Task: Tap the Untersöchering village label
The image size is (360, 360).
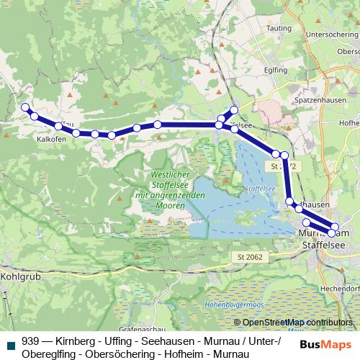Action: [x=332, y=33]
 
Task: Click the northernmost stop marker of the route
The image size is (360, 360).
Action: [x=233, y=110]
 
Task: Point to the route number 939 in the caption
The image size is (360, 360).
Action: [x=31, y=342]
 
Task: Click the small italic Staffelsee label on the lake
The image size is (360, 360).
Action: [x=257, y=189]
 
